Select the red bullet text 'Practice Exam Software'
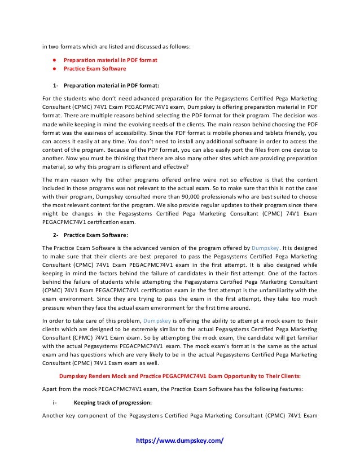coord(95,69)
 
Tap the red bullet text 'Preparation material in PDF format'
coord(110,59)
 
